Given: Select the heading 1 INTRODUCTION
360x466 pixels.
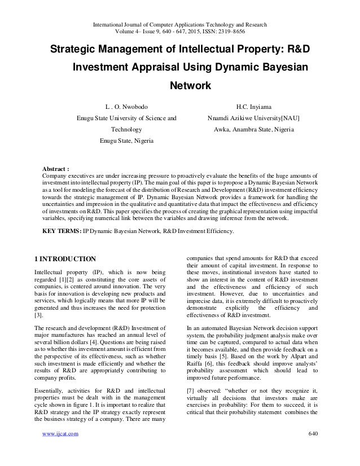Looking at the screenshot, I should click(x=65, y=259).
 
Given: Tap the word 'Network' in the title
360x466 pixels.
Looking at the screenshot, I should click(x=190, y=86).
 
